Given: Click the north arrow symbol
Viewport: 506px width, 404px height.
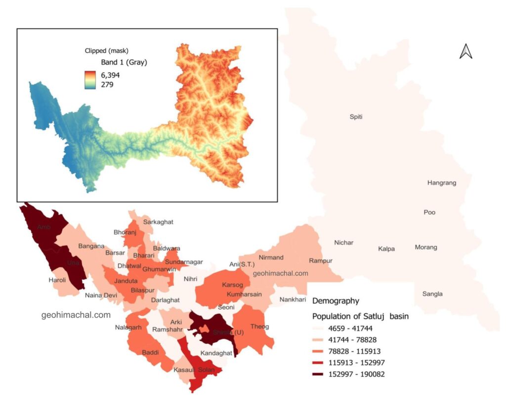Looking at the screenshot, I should pyautogui.click(x=465, y=51).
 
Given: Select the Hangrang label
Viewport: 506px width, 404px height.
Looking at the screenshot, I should pyautogui.click(x=441, y=183).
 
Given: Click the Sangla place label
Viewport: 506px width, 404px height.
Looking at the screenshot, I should pyautogui.click(x=432, y=294).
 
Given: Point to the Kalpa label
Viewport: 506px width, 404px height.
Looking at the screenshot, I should pyautogui.click(x=386, y=249).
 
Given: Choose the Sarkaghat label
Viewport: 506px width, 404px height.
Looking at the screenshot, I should pyautogui.click(x=158, y=222).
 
